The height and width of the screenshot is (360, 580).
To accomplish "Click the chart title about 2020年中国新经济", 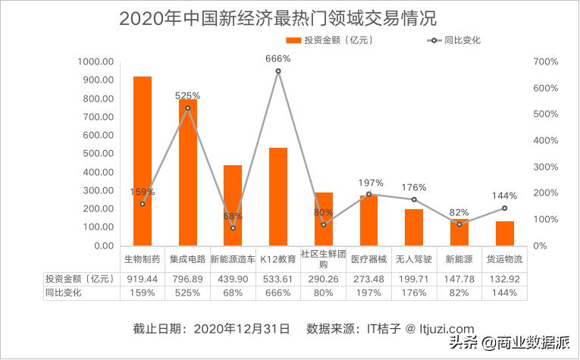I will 278,18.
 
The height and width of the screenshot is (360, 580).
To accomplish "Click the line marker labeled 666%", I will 278,71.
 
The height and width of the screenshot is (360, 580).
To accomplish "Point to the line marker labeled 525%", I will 188,108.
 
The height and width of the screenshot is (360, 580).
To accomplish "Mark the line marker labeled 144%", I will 504,208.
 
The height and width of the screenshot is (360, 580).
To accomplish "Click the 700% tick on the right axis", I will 545,62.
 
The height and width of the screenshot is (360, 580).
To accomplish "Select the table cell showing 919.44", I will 143,278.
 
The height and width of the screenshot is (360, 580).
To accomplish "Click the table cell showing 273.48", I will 368,278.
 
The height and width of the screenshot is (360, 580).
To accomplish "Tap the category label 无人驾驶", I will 413,259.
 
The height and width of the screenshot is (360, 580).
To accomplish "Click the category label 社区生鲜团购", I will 323,259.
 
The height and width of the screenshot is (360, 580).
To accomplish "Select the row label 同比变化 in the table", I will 64,293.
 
